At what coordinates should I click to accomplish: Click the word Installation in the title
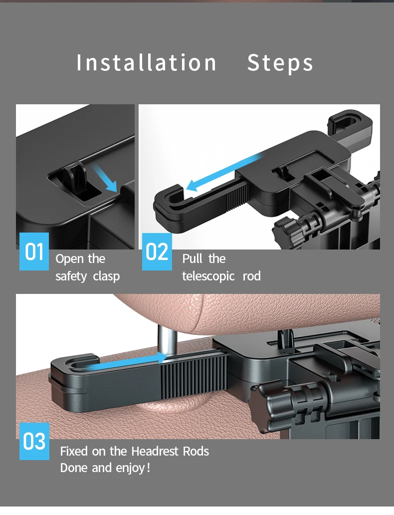click(x=146, y=62)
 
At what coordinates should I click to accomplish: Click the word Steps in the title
click(x=280, y=63)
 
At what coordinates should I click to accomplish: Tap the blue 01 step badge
click(x=34, y=251)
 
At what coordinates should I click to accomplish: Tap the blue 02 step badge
click(x=157, y=252)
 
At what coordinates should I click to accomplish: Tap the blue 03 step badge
click(x=34, y=441)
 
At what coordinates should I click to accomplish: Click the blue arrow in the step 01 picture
click(x=105, y=178)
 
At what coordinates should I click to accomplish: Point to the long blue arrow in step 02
click(x=224, y=173)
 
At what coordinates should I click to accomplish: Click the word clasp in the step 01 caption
click(x=106, y=276)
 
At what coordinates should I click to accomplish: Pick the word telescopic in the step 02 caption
click(x=208, y=276)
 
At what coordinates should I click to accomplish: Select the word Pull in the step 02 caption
click(x=192, y=259)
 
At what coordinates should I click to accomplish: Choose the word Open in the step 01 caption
click(x=70, y=259)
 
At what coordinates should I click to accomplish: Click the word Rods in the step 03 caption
click(x=196, y=451)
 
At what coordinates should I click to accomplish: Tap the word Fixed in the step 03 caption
click(x=74, y=451)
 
